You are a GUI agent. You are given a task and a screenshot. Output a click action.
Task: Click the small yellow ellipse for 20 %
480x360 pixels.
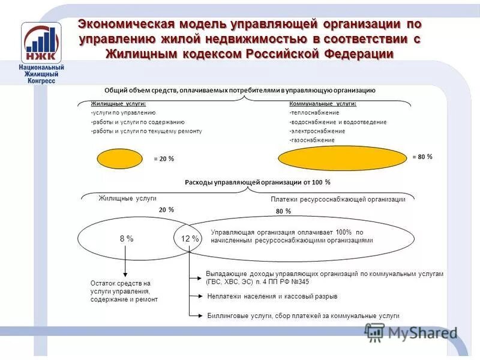coord(120,159)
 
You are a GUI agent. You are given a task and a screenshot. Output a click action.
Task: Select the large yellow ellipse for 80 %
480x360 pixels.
coord(343,159)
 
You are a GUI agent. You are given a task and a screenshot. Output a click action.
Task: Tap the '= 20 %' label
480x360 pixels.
coord(164,159)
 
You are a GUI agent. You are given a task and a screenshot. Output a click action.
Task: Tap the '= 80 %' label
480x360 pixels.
coord(422,156)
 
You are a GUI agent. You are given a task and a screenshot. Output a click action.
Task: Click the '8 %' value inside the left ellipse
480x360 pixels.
coord(126,239)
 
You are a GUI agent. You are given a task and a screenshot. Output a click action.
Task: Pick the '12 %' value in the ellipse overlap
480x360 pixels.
coord(190,239)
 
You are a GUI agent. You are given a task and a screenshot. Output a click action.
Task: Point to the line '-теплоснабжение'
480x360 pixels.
coord(314,112)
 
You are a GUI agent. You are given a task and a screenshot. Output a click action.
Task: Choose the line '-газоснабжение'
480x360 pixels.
coord(311,140)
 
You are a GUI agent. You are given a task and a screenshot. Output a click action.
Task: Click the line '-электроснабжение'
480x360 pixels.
coord(317,131)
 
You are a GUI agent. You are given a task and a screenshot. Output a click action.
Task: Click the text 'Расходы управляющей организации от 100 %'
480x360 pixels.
coord(257,182)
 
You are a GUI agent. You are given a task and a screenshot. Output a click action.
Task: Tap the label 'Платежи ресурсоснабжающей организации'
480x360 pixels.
coord(338,199)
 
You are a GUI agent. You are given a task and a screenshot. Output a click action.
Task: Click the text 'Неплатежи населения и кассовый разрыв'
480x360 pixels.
coord(272,296)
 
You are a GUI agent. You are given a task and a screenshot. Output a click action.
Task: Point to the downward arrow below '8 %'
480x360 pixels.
coord(125,261)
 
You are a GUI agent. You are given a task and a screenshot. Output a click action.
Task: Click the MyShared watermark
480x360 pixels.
coord(411,332)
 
